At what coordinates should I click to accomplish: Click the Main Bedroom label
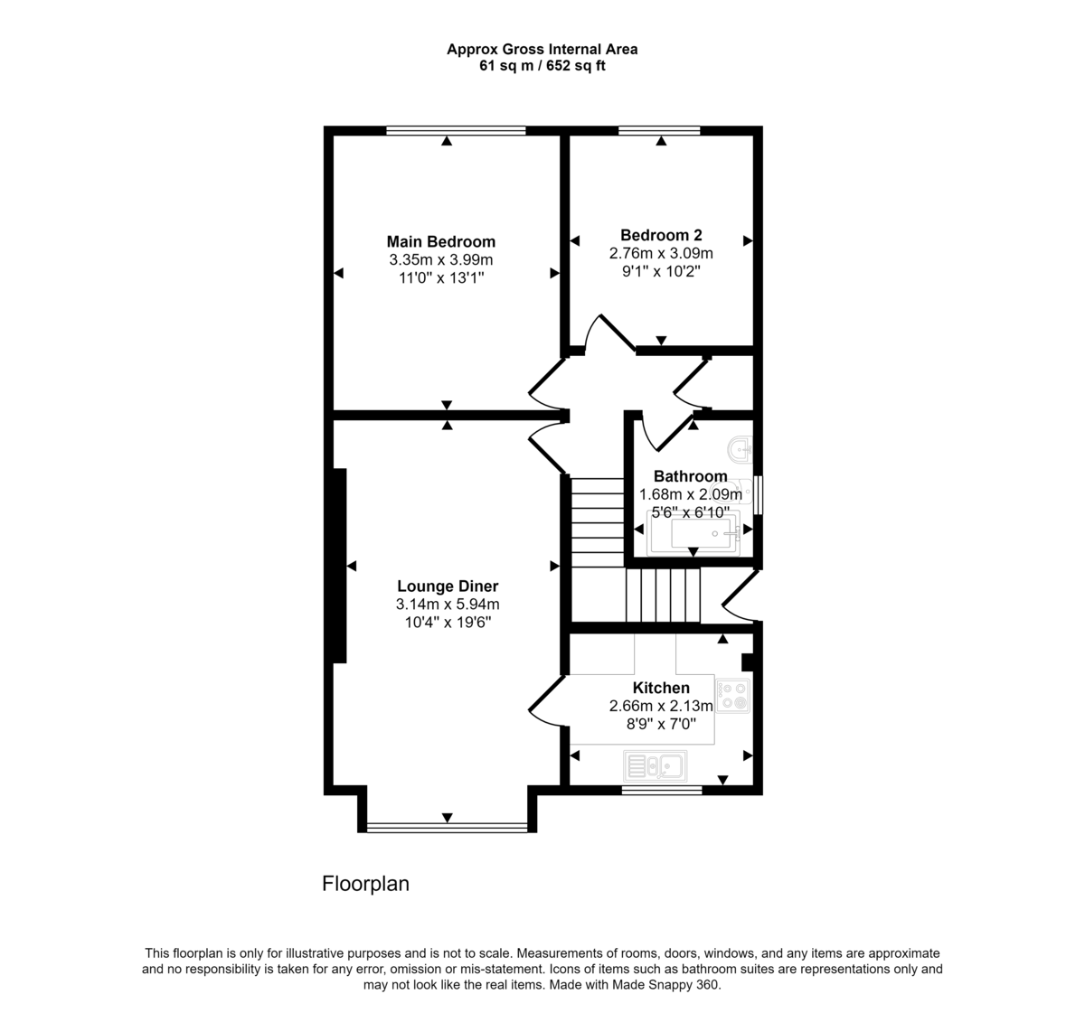(x=440, y=241)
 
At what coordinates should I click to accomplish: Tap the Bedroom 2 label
(x=661, y=234)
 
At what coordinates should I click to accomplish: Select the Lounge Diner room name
(x=448, y=586)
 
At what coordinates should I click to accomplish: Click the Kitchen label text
(x=661, y=688)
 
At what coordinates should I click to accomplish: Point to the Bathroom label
(x=690, y=476)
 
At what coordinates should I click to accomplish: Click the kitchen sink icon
(x=656, y=766)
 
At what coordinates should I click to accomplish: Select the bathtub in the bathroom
(x=694, y=533)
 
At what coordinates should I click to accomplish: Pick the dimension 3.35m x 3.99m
(x=440, y=260)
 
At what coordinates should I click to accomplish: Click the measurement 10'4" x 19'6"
(x=448, y=623)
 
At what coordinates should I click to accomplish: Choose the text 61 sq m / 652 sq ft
(x=542, y=66)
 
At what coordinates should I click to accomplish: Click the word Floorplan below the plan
(x=365, y=884)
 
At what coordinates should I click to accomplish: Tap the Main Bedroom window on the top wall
(x=456, y=131)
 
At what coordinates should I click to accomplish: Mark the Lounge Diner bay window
(x=447, y=827)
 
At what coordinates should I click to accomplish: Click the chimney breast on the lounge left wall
(x=340, y=566)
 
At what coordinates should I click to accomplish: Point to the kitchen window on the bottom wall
(x=662, y=790)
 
